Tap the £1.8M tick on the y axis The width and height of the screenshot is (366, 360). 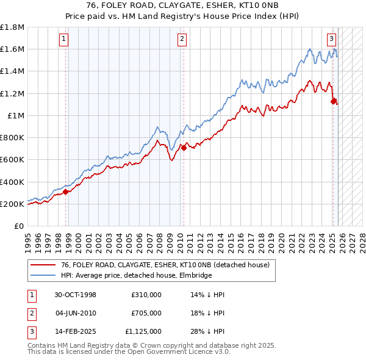(13, 27)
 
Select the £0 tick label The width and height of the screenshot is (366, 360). (20, 226)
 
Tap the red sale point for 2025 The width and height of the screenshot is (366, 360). (334, 101)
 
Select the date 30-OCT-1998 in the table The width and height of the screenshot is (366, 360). (76, 295)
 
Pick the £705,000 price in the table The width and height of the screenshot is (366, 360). (146, 313)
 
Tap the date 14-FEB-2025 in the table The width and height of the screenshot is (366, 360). (76, 331)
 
